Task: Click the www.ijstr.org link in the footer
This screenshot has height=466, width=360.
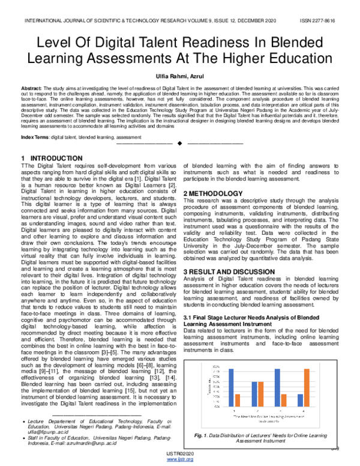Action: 179,459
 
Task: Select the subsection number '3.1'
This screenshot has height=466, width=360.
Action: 188,316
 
